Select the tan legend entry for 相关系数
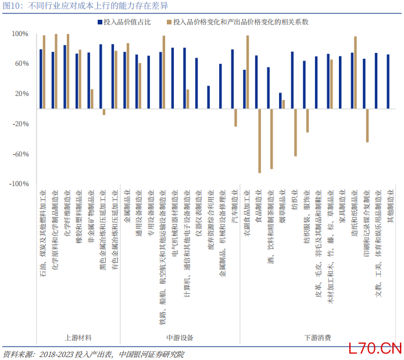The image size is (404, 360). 237,22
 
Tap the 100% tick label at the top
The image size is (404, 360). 20,34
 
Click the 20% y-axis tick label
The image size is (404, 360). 21,94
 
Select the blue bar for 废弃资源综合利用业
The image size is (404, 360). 208,97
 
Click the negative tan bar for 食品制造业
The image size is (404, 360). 260,140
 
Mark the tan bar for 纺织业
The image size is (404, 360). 296,132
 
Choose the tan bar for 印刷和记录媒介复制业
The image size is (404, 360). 367,125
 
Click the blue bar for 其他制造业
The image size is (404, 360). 388,81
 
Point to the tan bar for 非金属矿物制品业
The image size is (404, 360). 92,99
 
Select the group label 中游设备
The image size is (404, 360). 180,337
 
